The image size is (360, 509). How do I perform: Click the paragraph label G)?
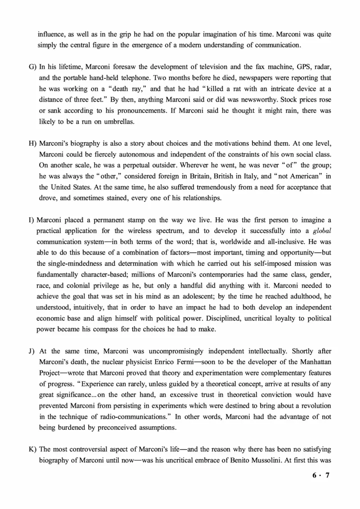(32, 67)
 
